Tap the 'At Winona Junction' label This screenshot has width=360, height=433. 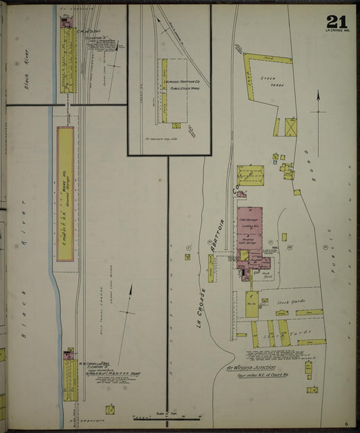(251, 368)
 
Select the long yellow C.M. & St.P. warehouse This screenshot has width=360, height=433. (66, 197)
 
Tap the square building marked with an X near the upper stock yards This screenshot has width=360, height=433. (291, 127)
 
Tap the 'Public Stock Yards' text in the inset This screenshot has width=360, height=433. (185, 88)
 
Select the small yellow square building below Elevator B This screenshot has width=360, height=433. (109, 409)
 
